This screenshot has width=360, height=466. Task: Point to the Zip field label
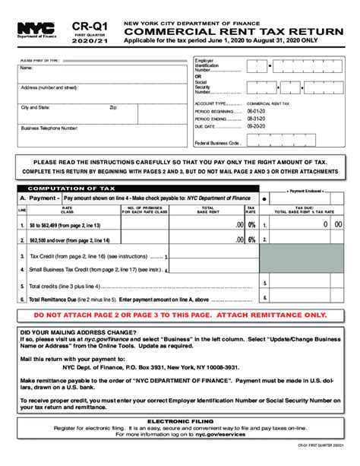tap(113, 108)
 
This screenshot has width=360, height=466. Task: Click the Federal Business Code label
tap(218, 143)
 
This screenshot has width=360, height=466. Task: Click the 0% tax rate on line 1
tap(251, 225)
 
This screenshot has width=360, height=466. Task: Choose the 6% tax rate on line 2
tap(251, 239)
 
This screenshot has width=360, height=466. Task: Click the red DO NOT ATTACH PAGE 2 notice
tap(180, 315)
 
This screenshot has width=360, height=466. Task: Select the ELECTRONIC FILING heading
tap(179, 420)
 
